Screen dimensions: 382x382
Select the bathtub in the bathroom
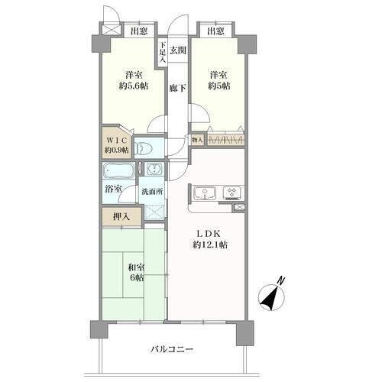point(118,170)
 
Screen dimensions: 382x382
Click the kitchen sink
point(205,193)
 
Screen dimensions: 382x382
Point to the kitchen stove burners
point(232,193)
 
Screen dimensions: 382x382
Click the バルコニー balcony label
point(172,349)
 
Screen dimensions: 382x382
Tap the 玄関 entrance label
point(178,50)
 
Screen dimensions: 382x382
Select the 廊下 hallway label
point(178,88)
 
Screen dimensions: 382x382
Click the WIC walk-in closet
point(117,145)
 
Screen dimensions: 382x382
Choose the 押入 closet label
point(121,217)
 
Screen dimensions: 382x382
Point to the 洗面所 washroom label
point(152,192)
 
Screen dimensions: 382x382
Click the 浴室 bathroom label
point(113,189)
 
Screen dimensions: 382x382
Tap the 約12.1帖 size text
point(210,244)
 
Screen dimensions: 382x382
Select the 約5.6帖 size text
point(134,86)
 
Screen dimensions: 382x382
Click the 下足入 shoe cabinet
point(163,53)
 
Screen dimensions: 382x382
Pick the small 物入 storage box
point(198,140)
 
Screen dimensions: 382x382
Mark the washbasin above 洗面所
point(154,169)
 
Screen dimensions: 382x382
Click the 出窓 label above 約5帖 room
point(215,31)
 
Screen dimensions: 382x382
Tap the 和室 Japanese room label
point(137,268)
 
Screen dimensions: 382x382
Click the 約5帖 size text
point(219,86)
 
